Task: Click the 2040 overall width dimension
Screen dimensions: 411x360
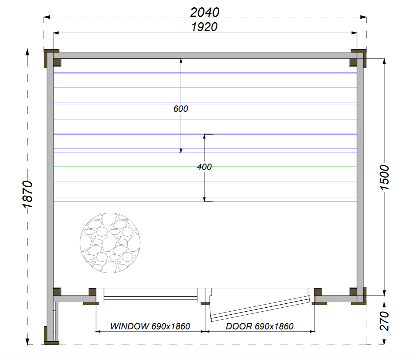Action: (x=205, y=13)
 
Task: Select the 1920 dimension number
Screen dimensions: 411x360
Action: (x=205, y=27)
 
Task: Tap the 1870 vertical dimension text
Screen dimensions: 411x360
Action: (x=27, y=194)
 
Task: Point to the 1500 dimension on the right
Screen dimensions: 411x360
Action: (x=384, y=178)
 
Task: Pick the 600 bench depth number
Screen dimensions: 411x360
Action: (x=181, y=109)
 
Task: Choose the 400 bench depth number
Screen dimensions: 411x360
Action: (x=204, y=167)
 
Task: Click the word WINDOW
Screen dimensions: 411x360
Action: (x=130, y=326)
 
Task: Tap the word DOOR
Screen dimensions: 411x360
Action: (x=239, y=326)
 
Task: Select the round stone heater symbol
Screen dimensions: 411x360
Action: (x=110, y=243)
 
